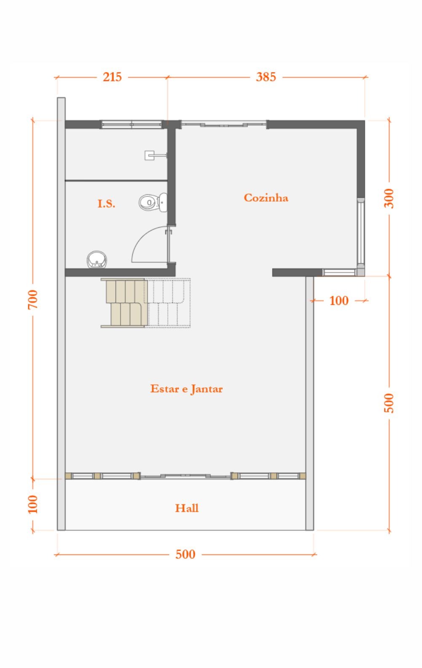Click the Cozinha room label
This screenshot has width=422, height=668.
pos(266,198)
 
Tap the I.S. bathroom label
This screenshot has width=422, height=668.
pos(106,204)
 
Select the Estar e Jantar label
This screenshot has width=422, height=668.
pos(186,389)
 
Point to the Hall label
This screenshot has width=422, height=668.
pos(187,508)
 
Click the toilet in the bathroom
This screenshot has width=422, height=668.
pos(153,202)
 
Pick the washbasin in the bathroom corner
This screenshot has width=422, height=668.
pos(97,259)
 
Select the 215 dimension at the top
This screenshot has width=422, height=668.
pos(112,77)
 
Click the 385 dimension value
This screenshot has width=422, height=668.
pos(266,77)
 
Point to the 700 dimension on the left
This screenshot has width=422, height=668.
pos(33,299)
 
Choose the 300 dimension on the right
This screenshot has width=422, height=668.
pos(389,198)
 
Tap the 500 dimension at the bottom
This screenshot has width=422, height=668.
pos(185,554)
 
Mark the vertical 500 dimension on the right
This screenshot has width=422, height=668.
pos(389,403)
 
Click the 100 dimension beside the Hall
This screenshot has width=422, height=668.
pos(33,504)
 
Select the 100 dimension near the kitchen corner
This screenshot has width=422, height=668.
pos(339,301)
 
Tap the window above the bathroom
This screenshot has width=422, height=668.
pos(132,124)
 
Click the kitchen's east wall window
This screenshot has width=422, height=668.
pos(360,232)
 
